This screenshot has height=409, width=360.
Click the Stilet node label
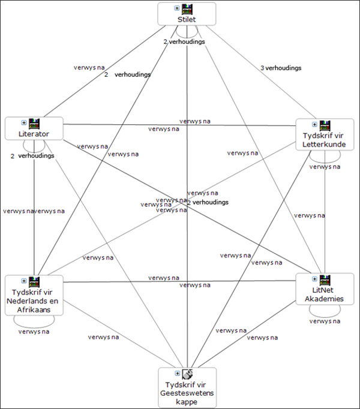(187, 19)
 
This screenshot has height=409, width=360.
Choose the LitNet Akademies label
(325, 294)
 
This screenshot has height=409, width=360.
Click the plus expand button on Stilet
(176, 8)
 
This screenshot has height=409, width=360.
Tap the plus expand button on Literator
(24, 123)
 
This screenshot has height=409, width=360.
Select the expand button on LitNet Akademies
(314, 279)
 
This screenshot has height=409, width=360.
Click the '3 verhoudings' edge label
(281, 68)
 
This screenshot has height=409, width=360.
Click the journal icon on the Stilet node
(187, 8)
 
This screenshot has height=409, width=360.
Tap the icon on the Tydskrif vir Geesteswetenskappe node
(187, 374)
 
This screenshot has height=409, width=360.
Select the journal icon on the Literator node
(34, 123)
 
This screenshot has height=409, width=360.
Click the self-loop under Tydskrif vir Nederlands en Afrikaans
(34, 320)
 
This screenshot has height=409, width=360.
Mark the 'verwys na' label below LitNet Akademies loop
(325, 321)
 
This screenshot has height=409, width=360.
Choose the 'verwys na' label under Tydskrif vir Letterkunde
(325, 167)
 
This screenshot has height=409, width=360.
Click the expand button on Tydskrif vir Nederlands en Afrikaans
(24, 281)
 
